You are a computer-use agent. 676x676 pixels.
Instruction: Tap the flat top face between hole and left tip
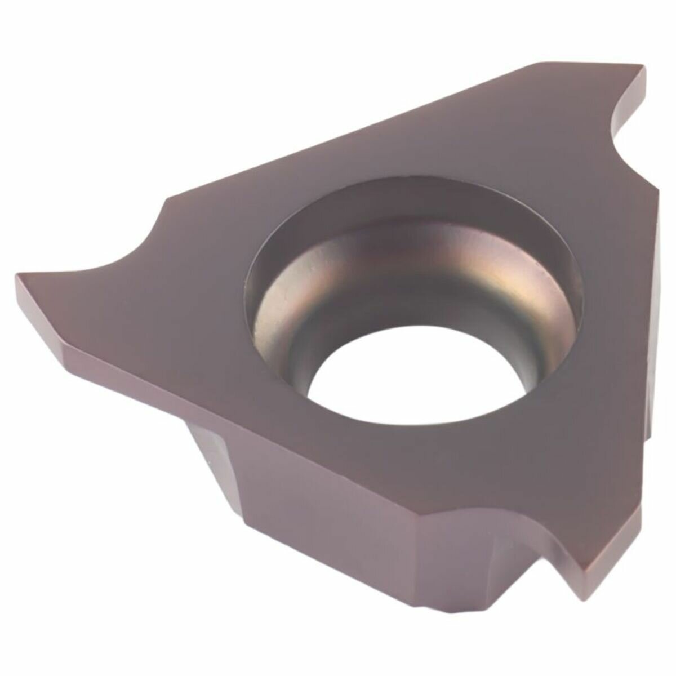[169, 315]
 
